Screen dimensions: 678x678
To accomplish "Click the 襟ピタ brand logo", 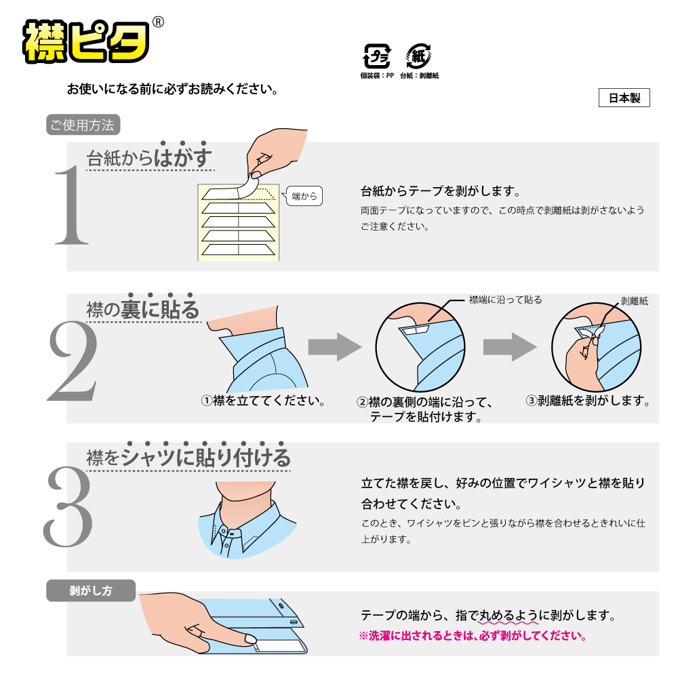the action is (x=86, y=41).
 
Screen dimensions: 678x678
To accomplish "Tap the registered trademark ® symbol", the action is (x=159, y=22).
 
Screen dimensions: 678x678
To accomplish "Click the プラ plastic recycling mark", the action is (x=376, y=56).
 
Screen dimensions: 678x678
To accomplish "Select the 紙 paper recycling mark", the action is (x=418, y=56).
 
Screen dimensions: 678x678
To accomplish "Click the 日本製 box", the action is (x=624, y=98).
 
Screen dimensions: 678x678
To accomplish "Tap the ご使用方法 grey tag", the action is (x=83, y=125).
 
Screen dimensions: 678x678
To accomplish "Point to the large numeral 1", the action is (x=71, y=205).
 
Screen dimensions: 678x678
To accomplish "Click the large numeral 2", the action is (x=73, y=361).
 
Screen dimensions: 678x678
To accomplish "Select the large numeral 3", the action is (x=68, y=506).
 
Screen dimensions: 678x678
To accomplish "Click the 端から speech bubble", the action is (x=304, y=196).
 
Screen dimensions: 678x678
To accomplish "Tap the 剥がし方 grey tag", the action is (x=91, y=591).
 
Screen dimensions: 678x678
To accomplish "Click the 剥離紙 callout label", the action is (x=635, y=301).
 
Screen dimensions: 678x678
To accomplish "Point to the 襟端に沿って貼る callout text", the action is (x=506, y=300).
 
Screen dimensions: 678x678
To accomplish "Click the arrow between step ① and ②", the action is (x=335, y=346).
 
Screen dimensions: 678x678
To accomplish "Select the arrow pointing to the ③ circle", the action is (x=511, y=346).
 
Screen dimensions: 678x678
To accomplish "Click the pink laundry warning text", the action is (x=473, y=636).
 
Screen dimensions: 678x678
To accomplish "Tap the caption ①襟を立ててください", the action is (x=263, y=401).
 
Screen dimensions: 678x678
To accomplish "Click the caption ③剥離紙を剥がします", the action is (x=588, y=401).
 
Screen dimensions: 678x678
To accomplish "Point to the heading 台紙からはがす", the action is (x=150, y=157).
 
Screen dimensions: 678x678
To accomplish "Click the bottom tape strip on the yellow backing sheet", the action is (x=238, y=250).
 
